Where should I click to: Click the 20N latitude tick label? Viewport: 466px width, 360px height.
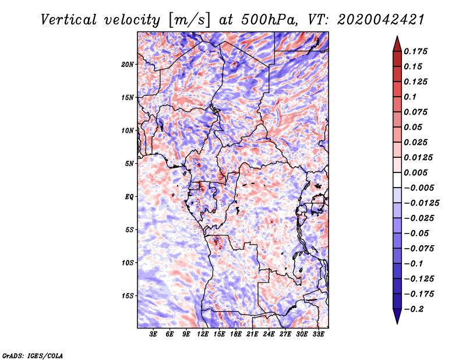coord(128,64)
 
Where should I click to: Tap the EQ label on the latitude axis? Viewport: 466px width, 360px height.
coord(129,197)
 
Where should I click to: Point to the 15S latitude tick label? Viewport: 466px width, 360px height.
coord(128,296)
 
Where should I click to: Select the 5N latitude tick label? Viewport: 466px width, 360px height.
coord(129,164)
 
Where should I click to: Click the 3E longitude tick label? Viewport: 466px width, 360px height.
coord(153,334)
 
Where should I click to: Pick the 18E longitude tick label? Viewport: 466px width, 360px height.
coord(236,334)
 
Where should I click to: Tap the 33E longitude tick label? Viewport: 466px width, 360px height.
coord(318,334)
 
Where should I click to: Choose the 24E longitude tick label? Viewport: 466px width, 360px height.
coord(269,334)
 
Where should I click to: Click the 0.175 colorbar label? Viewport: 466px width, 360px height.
coord(415,51)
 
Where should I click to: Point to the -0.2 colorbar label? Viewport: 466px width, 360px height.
coord(414,309)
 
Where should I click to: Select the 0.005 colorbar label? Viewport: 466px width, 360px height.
coord(415,172)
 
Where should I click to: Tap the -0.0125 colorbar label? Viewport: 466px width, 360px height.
coord(421,203)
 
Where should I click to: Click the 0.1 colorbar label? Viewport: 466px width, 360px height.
coord(410,97)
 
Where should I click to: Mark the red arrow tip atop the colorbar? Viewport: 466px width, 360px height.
coord(397,36)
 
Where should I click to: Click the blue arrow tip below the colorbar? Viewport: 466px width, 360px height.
coord(397,323)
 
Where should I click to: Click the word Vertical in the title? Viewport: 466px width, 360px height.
coord(69,20)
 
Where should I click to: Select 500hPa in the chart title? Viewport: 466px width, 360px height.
coord(269,20)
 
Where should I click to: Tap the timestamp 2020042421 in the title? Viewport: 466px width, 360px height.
coord(381,20)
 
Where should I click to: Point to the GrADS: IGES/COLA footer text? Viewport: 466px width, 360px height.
coord(33,355)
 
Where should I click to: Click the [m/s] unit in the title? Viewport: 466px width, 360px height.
coord(189,20)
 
